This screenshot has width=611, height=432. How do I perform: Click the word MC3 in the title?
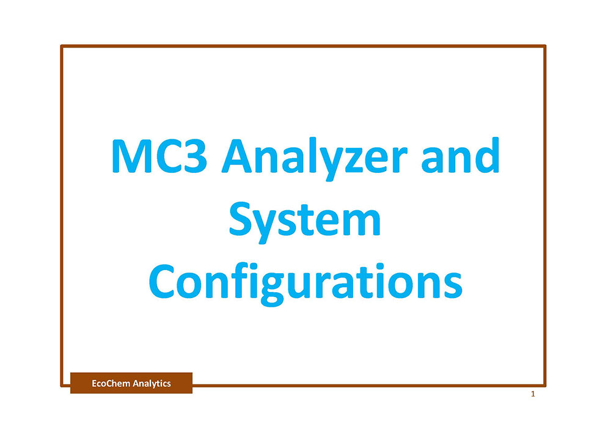coord(159,156)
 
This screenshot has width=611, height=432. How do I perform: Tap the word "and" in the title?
coord(460,155)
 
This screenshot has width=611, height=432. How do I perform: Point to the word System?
coord(305,222)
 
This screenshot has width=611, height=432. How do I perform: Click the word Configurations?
coord(305,283)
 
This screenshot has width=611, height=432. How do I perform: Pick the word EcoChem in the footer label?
coord(111,383)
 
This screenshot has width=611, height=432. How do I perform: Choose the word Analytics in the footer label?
coord(152,384)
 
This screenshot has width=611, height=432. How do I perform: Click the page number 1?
coord(533,394)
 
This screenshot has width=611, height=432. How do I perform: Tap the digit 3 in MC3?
coord(193,156)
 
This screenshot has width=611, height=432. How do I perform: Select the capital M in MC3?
coord(131,156)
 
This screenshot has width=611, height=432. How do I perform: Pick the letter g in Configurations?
coord(273,289)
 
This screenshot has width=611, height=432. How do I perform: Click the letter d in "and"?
coord(486,155)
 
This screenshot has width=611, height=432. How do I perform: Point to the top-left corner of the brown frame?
coord(62,46)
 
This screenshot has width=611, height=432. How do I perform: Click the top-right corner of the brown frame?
coord(545,46)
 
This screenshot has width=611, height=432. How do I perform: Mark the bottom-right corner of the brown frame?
coord(545,386)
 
